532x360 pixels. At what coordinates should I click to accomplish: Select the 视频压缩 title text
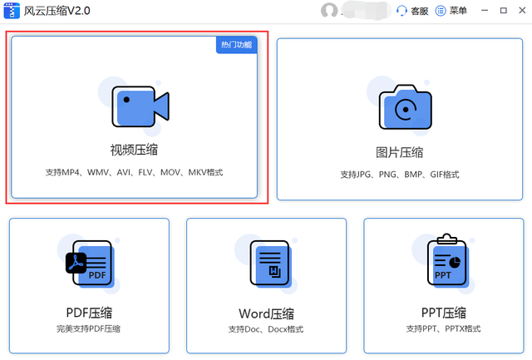(135, 150)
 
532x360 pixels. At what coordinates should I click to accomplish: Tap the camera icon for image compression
(405, 107)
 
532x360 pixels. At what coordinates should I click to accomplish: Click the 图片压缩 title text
(400, 152)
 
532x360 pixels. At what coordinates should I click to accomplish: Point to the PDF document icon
(89, 265)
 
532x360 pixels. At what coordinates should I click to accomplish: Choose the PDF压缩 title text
(89, 313)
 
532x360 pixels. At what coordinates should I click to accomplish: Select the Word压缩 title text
(266, 313)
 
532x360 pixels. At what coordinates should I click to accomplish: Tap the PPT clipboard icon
(444, 264)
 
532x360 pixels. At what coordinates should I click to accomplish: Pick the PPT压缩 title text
(444, 313)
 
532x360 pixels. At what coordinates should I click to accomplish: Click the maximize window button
(502, 11)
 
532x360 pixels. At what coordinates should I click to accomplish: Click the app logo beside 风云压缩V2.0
(12, 11)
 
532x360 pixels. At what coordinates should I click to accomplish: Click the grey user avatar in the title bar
(329, 11)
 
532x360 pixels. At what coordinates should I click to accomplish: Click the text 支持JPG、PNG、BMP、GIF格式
(399, 175)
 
